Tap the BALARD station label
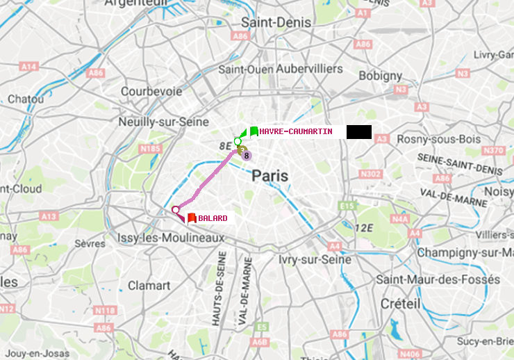click(x=213, y=218)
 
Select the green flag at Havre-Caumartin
click(x=254, y=131)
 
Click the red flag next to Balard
click(x=192, y=218)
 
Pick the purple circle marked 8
click(x=247, y=156)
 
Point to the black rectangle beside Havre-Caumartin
click(x=359, y=132)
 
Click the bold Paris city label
click(x=270, y=176)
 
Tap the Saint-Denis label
click(x=276, y=23)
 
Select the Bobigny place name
click(x=381, y=75)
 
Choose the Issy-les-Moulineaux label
click(x=171, y=238)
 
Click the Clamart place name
click(x=149, y=286)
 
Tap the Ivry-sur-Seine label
click(x=314, y=259)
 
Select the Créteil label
click(x=400, y=304)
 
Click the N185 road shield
click(x=150, y=148)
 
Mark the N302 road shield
click(x=371, y=174)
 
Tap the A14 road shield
click(x=28, y=66)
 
